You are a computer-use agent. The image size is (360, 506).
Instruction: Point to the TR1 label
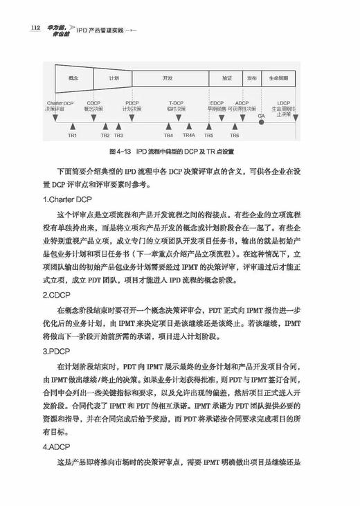(x=71, y=135)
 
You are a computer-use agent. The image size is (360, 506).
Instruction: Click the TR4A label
(x=189, y=135)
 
